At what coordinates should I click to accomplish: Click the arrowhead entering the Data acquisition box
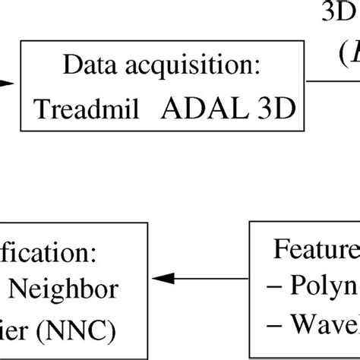coord(8,85)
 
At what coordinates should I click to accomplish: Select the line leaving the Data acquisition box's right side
coord(334,82)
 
